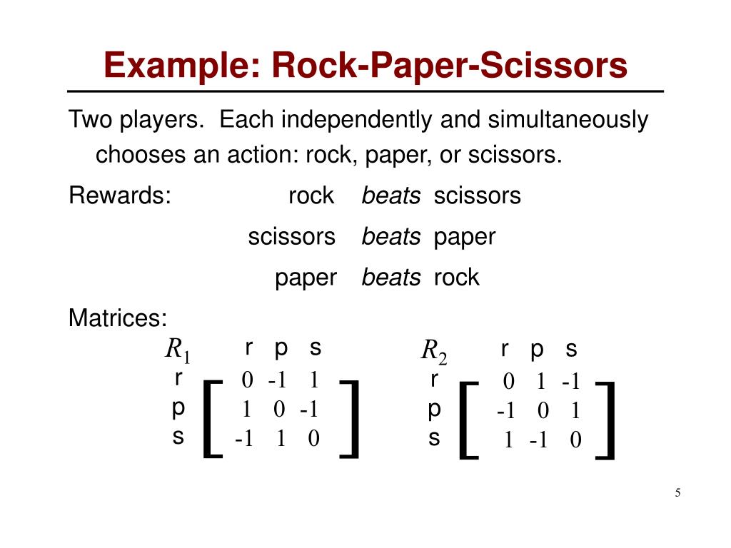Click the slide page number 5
[x=677, y=492]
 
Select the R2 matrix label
[x=433, y=350]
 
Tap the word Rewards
[x=120, y=195]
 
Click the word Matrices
[x=118, y=318]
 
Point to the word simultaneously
[x=568, y=119]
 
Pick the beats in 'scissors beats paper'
[x=391, y=237]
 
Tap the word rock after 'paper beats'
[x=456, y=278]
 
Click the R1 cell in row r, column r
[x=247, y=380]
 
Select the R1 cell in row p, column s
[x=308, y=409]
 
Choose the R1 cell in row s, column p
[x=281, y=439]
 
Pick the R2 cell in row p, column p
[x=543, y=410]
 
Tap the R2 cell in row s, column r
[x=508, y=440]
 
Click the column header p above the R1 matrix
[x=281, y=348]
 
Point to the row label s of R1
[x=178, y=437]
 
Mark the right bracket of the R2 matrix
[x=610, y=421]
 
